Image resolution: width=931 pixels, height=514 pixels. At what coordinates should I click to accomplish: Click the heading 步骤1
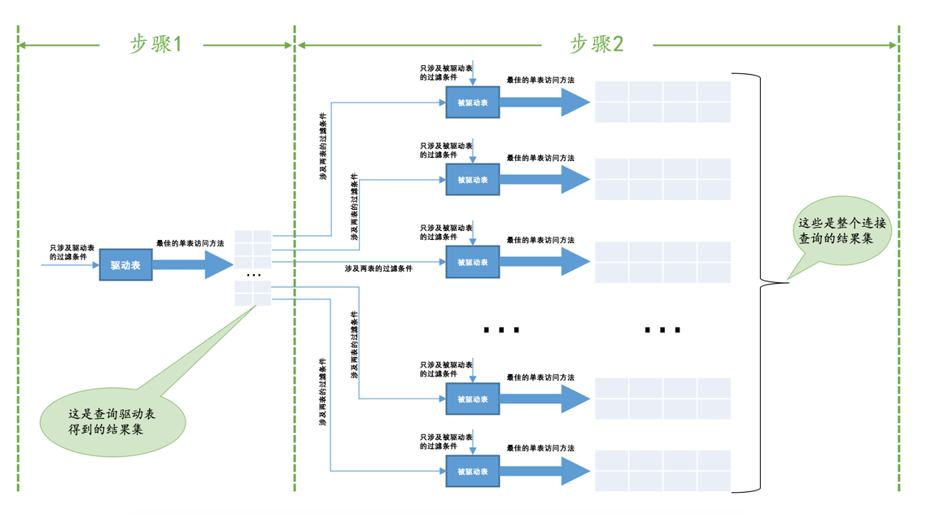(x=155, y=44)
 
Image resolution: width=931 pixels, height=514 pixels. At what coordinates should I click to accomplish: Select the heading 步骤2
(x=596, y=44)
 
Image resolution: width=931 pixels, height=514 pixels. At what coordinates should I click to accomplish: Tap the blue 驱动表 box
(x=125, y=265)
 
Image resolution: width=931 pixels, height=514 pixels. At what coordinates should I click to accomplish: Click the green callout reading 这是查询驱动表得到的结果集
(x=113, y=420)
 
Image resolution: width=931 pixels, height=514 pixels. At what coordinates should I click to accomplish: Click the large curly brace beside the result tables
(x=762, y=282)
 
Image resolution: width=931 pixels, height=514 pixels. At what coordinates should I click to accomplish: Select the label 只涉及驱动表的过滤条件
(x=72, y=251)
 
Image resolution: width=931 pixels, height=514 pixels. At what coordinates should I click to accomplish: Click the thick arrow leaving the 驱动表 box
(x=192, y=265)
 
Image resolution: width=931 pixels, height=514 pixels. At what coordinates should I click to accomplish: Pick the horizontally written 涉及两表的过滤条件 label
(x=378, y=268)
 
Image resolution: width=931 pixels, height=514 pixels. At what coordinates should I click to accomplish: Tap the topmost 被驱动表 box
(x=472, y=103)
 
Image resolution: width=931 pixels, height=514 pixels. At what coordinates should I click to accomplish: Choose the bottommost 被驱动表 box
(x=472, y=472)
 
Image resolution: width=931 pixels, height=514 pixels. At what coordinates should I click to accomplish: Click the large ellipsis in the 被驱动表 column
(x=500, y=330)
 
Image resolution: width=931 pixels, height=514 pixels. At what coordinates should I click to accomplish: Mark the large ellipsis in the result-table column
(x=662, y=330)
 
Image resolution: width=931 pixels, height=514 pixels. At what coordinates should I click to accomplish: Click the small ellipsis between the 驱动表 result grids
(x=253, y=276)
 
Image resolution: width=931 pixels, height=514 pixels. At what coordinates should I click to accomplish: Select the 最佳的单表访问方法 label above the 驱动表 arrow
(x=190, y=243)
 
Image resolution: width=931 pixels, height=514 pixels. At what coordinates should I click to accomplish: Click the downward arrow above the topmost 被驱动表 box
(x=473, y=74)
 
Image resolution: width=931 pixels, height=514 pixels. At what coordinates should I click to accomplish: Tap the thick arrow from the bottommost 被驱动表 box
(x=544, y=472)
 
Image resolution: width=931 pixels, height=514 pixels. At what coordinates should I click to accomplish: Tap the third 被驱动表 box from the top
(x=472, y=263)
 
